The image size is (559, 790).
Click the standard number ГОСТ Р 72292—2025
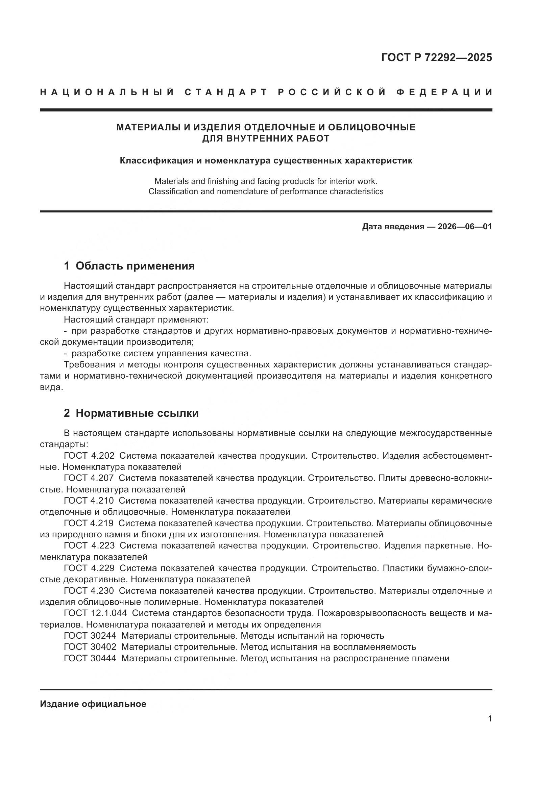coord(436,57)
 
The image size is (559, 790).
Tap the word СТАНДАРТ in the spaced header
coord(226,92)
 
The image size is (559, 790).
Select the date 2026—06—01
coord(464,227)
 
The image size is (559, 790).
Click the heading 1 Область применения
coord(129,265)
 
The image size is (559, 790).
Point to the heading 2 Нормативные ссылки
coord(131,413)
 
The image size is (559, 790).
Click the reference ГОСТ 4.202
coord(89,456)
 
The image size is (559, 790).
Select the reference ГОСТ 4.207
coord(89,478)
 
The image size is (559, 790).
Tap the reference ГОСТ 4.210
coord(89,501)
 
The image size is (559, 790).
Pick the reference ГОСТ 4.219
coord(89,523)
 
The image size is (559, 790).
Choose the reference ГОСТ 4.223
coord(89,545)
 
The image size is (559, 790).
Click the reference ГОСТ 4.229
coord(89,568)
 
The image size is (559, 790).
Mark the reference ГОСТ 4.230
coord(89,590)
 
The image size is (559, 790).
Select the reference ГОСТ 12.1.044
coord(95,613)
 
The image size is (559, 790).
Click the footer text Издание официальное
coord(93,704)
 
